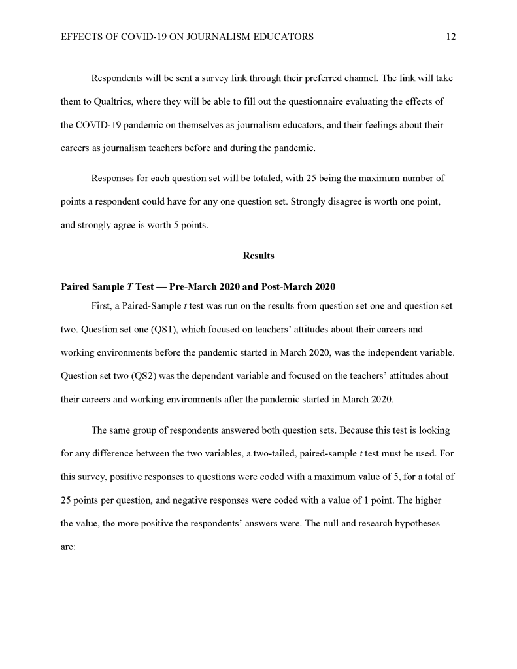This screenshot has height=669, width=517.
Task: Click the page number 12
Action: [450, 37]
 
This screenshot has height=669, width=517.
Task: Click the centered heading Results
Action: [258, 256]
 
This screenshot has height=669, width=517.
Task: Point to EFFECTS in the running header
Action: [78, 37]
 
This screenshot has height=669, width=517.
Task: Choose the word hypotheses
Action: [417, 523]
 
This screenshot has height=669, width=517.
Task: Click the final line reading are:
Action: [69, 547]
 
